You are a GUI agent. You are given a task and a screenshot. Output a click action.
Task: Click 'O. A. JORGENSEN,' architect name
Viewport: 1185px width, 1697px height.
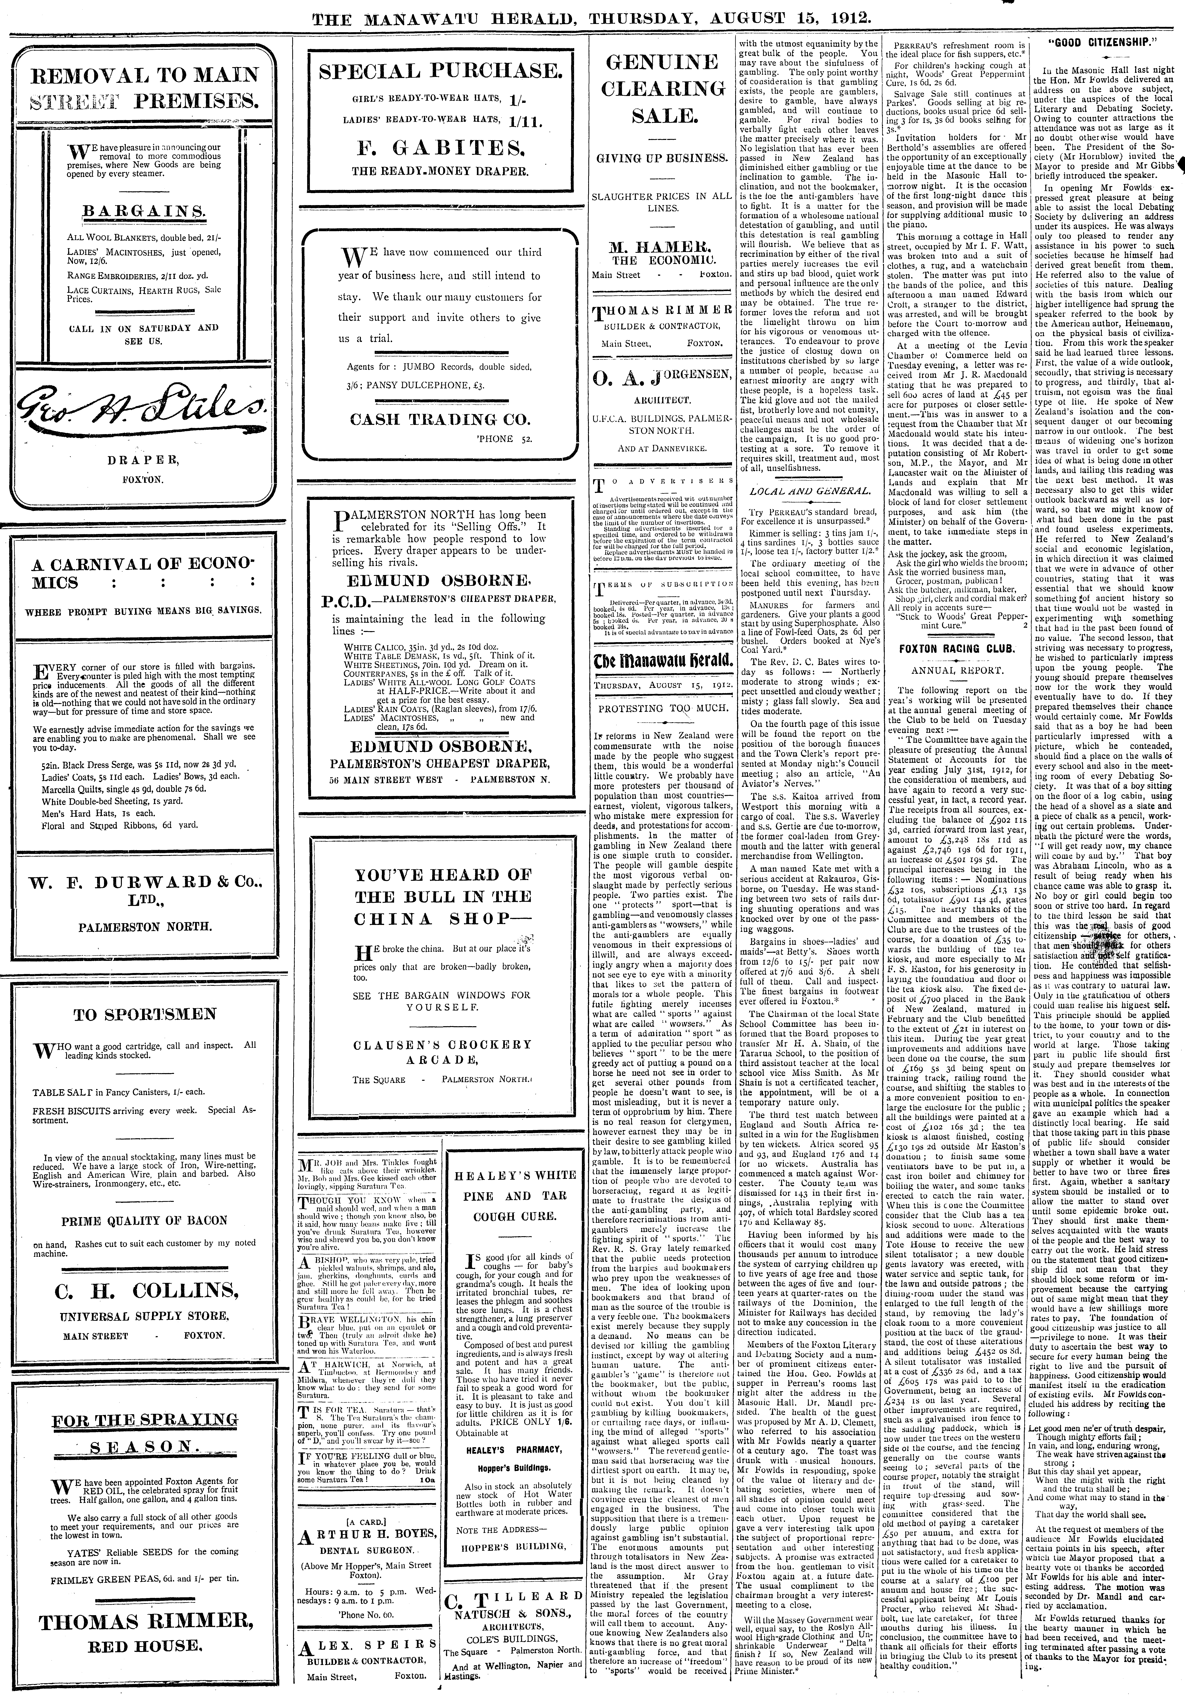[x=662, y=381]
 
